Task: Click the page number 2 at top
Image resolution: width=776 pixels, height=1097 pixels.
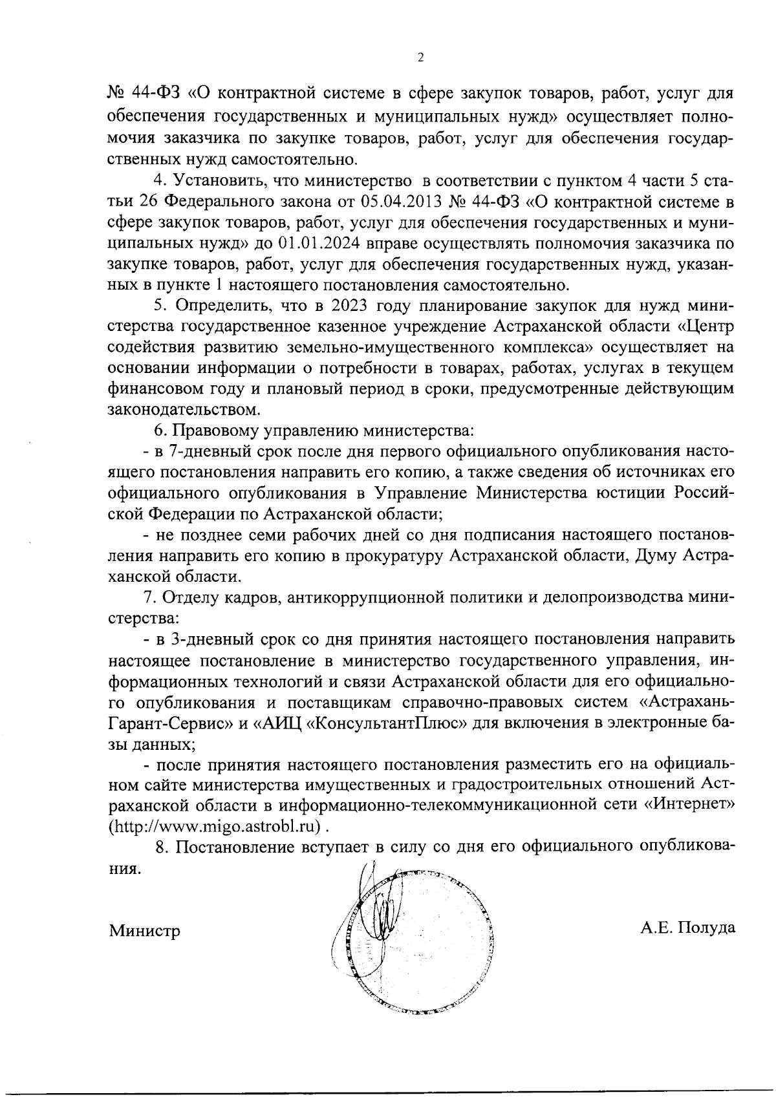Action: click(420, 58)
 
